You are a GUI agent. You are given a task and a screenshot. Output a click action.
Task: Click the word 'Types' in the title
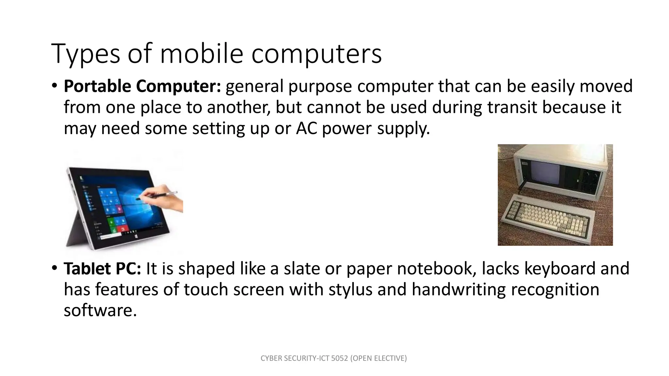86,54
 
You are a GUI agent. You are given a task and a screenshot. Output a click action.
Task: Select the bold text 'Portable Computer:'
142,86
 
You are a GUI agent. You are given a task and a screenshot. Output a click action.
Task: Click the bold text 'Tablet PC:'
102,269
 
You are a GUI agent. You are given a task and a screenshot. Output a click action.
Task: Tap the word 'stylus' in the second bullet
350,290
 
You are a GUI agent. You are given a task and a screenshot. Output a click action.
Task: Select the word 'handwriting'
458,290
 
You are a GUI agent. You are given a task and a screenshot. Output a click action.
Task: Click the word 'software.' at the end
100,310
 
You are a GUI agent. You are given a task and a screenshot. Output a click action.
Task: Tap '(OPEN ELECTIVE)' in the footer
378,358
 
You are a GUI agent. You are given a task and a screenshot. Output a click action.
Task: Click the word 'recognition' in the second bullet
555,290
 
